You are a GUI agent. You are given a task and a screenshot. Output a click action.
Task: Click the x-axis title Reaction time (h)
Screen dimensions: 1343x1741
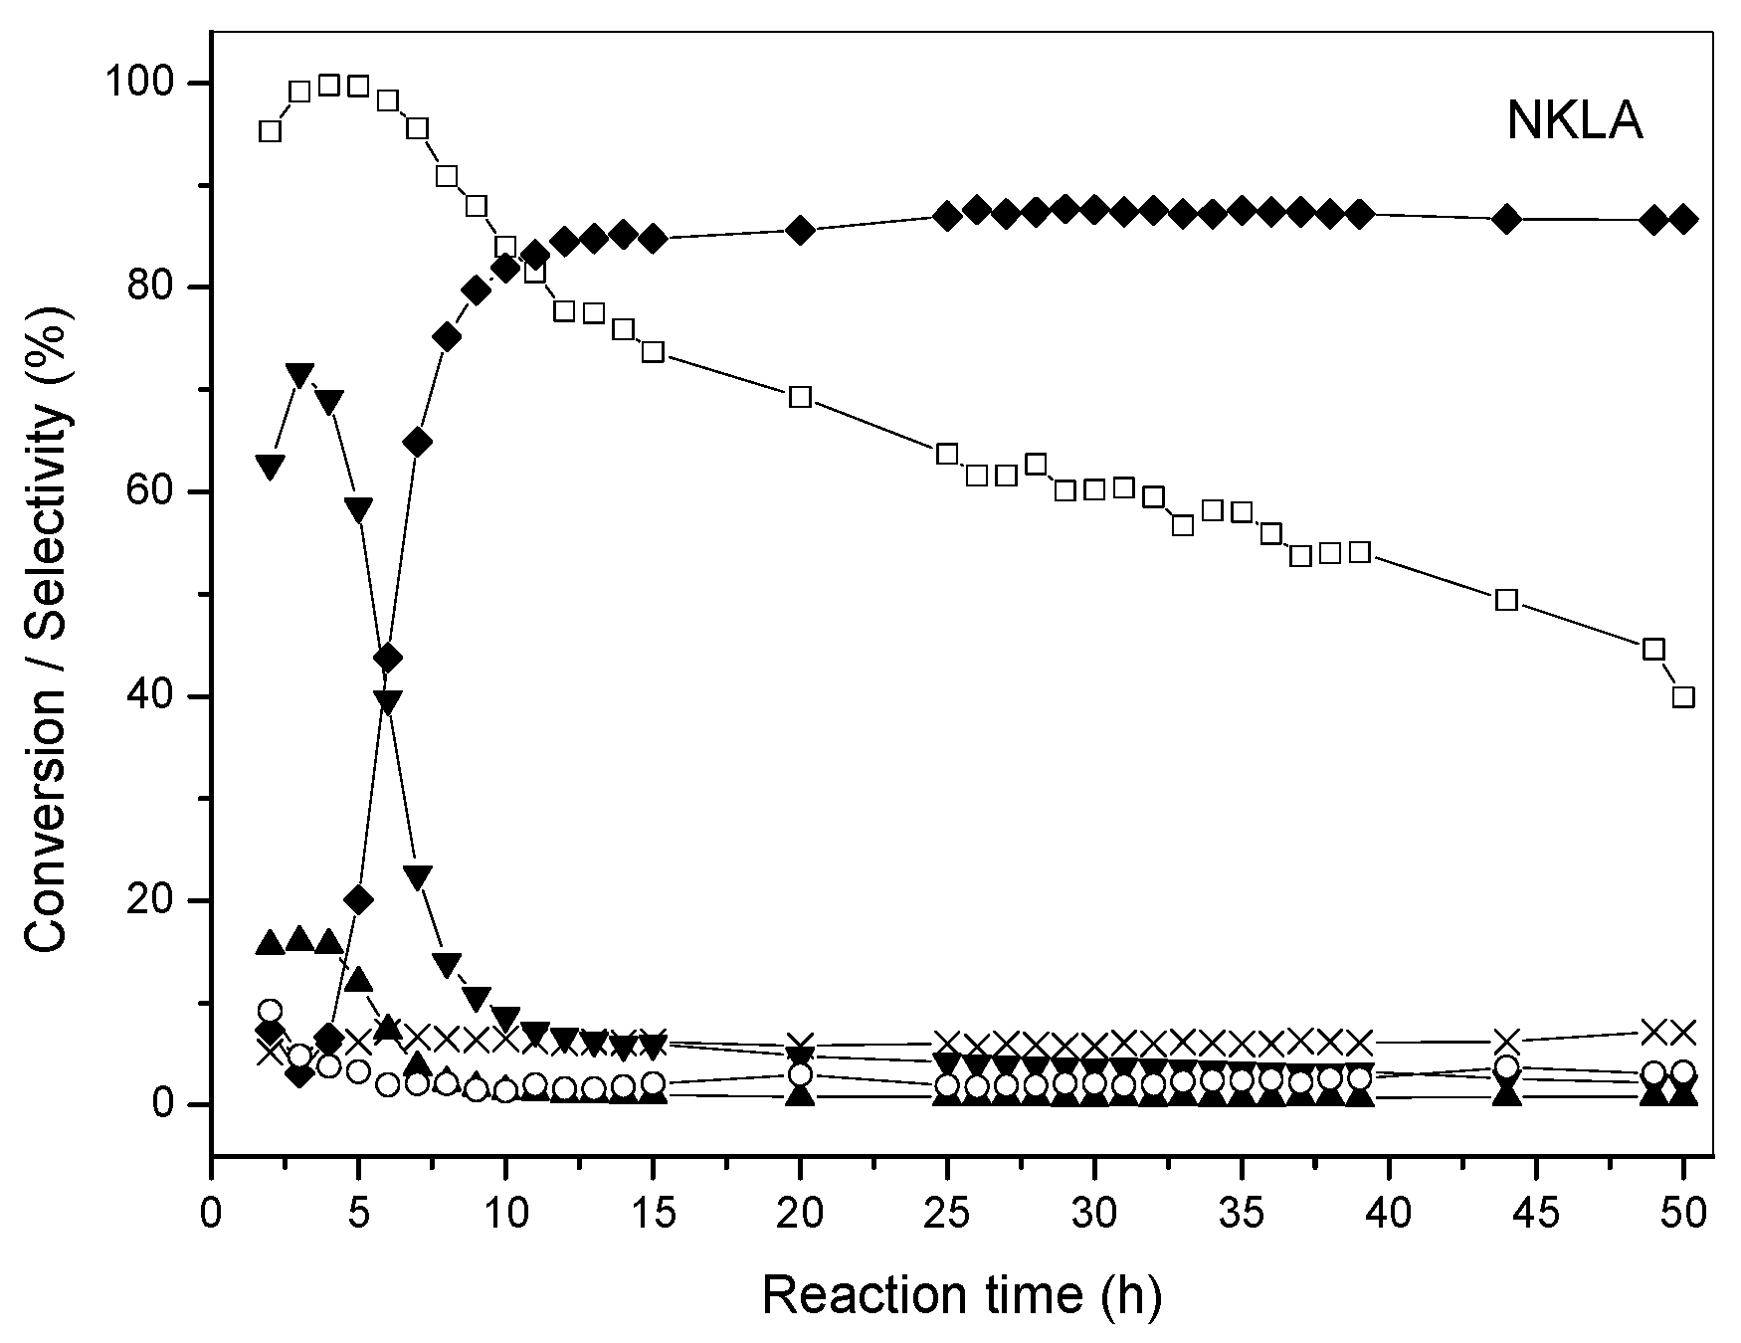click(961, 1295)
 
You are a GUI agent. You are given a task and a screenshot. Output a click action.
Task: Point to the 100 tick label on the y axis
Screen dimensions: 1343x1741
click(150, 84)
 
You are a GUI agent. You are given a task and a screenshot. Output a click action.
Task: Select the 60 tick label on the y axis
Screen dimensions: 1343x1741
click(161, 492)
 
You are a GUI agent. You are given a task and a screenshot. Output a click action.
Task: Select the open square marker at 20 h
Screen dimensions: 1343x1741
click(800, 397)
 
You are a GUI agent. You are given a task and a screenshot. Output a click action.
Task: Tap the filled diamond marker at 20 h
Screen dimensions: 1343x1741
click(800, 231)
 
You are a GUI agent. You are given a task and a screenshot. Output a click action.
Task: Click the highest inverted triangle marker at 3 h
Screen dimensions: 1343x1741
click(299, 375)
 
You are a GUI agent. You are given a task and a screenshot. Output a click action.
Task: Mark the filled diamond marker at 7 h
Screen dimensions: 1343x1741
click(417, 442)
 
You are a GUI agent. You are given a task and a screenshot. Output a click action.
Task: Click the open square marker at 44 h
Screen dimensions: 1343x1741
click(1506, 599)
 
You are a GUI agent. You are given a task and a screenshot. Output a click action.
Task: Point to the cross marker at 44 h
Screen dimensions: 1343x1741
click(1506, 1043)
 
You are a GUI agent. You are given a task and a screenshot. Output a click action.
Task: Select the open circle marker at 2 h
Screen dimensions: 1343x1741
click(270, 1011)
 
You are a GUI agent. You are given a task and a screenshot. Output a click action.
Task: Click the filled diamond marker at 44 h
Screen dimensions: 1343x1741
click(1506, 219)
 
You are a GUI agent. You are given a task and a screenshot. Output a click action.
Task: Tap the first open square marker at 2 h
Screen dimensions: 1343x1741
click(270, 131)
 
